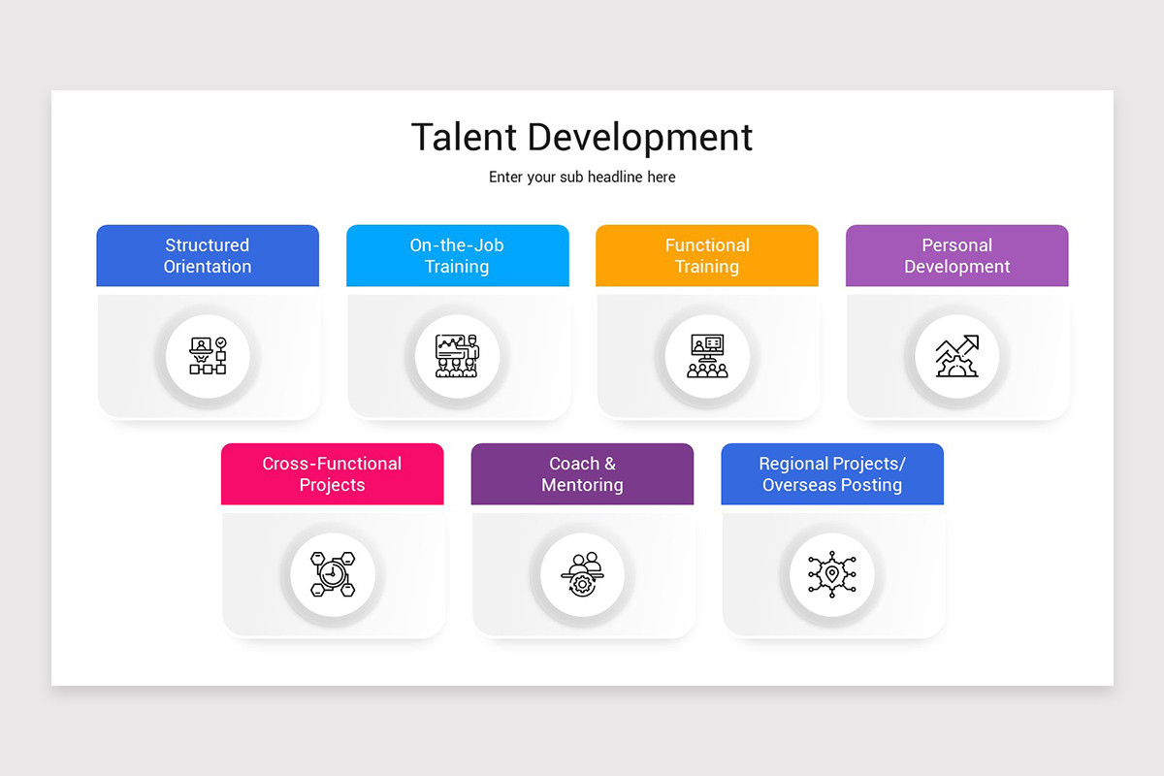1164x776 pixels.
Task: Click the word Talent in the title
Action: (464, 137)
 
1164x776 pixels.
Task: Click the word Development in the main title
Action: (640, 139)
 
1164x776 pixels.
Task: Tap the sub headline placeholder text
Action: (582, 178)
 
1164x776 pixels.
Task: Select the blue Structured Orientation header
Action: (208, 256)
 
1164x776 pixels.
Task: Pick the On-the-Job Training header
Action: (457, 256)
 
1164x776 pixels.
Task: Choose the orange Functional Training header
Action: (707, 256)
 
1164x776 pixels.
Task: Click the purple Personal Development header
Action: (957, 256)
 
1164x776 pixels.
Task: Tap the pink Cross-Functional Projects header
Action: (332, 474)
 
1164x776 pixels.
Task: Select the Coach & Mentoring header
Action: (582, 474)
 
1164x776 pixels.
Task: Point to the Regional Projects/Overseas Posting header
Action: (832, 474)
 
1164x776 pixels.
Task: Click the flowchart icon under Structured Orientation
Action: (208, 356)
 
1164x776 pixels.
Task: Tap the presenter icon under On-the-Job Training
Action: (457, 356)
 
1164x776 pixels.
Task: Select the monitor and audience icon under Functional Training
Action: (707, 356)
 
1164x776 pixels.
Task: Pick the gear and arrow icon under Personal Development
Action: (957, 356)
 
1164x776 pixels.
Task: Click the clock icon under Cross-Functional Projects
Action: (332, 574)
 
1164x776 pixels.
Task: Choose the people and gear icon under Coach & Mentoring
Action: (582, 574)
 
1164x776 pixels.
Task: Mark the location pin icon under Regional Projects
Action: (832, 574)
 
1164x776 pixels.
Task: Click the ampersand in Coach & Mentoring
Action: (609, 464)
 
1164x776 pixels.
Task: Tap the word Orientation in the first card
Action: (208, 267)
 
